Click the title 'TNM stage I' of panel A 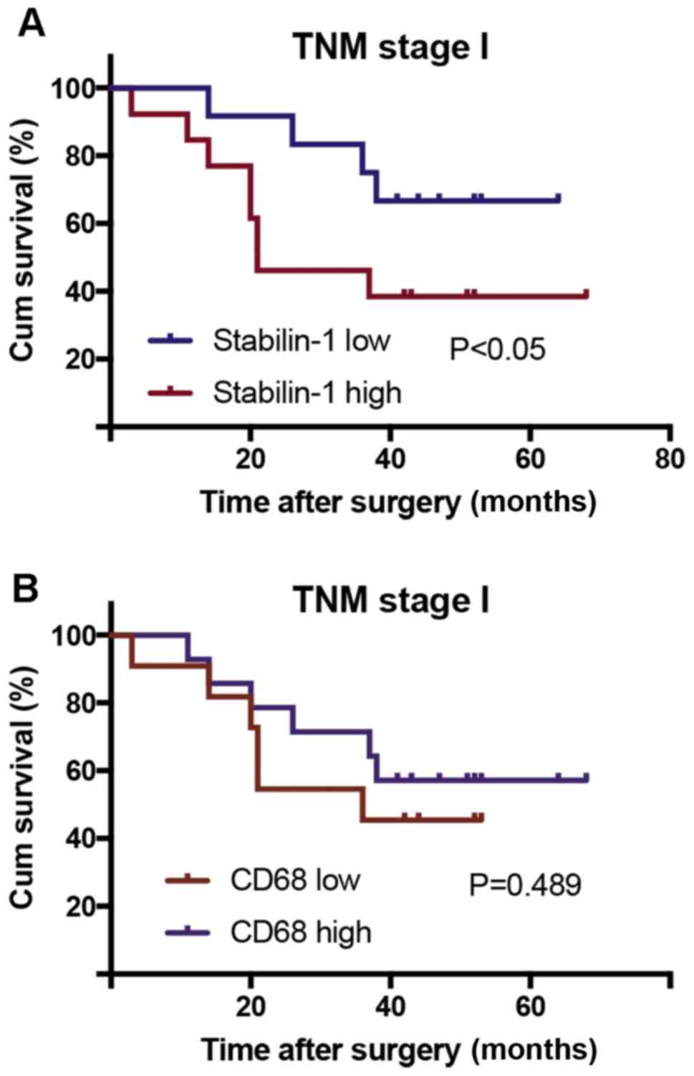tap(390, 48)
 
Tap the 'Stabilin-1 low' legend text tap(301, 340)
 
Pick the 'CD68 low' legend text tap(295, 878)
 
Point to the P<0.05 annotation tap(497, 350)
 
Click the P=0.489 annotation tap(525, 885)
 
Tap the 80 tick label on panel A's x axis tap(669, 459)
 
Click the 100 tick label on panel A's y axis tap(73, 89)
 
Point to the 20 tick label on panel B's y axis tap(80, 906)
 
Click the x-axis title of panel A tap(397, 502)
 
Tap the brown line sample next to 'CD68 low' tap(187, 878)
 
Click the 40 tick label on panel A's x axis tap(390, 459)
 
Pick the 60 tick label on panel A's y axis tap(80, 224)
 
